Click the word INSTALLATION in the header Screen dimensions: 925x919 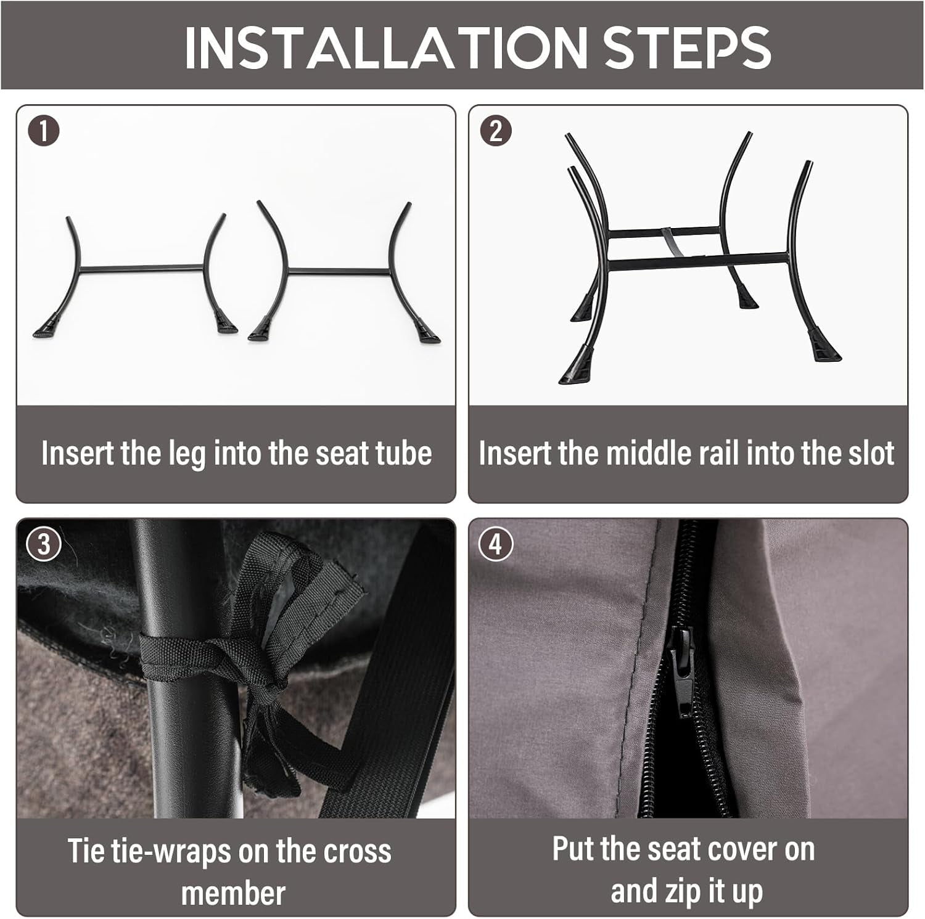click(x=386, y=46)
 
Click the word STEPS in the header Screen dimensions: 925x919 click(x=687, y=46)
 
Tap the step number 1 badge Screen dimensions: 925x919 click(x=44, y=131)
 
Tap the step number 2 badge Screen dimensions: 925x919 click(x=496, y=131)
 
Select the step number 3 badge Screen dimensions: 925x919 click(x=44, y=545)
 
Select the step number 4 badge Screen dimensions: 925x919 click(x=496, y=545)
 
